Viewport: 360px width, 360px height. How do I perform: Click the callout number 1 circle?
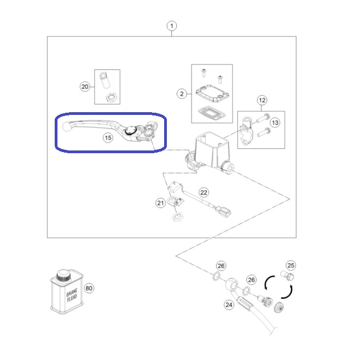coord(171,26)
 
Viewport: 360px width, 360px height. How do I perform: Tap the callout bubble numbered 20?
coord(85,87)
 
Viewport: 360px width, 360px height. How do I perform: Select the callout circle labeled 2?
coord(182,94)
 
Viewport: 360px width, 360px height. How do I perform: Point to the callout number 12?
coord(262,100)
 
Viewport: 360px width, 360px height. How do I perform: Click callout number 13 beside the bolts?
coord(275,123)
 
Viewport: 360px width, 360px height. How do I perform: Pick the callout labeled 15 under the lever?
coord(108,138)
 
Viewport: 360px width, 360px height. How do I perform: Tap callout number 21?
coord(160,203)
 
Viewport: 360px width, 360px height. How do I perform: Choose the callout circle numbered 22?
coord(204,193)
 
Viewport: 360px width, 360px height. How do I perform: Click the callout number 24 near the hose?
coord(229,305)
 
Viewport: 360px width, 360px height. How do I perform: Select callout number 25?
coord(291,265)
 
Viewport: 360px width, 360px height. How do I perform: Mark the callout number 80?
coord(89,288)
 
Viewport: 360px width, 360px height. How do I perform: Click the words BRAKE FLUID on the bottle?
coord(72,295)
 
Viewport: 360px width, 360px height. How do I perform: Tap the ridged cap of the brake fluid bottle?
coord(63,275)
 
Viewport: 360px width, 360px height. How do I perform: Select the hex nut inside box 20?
coord(112,97)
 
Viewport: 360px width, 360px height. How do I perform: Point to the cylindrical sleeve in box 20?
coord(104,80)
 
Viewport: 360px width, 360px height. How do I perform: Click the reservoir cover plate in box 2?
coord(212,93)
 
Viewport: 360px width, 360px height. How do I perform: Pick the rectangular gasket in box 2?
coord(211,113)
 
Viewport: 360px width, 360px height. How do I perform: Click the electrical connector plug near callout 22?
coord(223,212)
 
